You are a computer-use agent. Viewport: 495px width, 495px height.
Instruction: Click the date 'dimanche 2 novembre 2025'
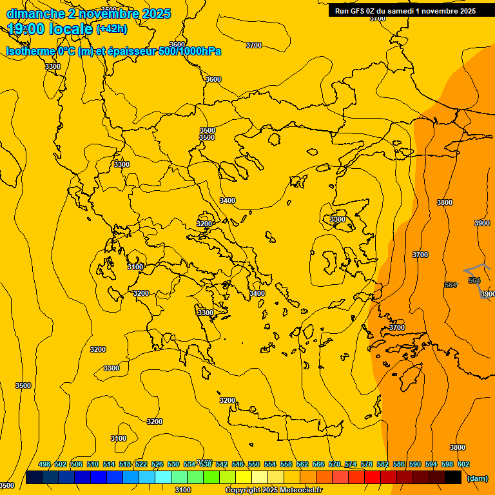coord(88,14)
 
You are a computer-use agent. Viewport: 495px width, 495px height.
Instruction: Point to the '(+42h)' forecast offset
coord(112,29)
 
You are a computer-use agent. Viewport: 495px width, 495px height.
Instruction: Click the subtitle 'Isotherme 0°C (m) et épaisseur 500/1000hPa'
coord(113,51)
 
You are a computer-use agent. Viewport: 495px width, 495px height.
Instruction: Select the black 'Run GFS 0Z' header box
coord(411,10)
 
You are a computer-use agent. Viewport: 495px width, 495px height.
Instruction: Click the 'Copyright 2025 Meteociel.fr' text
coord(273,490)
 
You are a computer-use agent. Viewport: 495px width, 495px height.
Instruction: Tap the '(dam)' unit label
coord(477,478)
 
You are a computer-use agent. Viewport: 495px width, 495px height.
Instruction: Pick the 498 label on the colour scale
coord(44,464)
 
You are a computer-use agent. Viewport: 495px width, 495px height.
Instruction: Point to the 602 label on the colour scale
coord(463,464)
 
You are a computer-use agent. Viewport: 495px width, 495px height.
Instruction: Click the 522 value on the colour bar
coord(141,464)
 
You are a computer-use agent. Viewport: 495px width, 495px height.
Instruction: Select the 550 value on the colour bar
coord(254,464)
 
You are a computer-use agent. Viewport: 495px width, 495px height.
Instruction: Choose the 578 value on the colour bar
coord(367,464)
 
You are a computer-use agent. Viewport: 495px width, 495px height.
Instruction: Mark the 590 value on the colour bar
coord(415,464)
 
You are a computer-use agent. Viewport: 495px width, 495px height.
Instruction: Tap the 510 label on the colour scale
coord(93,464)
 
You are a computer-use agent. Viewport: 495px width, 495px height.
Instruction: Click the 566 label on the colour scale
coord(318,464)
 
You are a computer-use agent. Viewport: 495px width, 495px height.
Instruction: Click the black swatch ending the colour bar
coord(453,478)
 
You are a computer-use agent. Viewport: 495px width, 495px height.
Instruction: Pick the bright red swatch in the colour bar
coord(373,478)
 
